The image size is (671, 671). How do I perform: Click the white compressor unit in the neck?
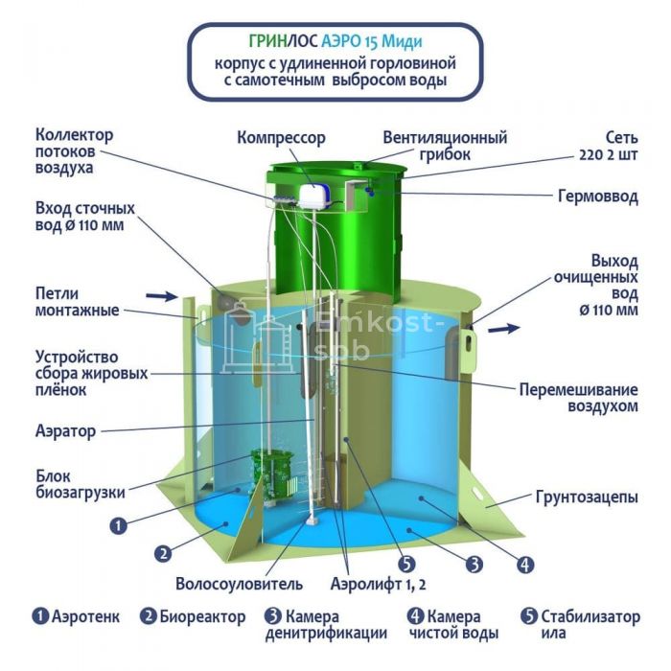pos(315,197)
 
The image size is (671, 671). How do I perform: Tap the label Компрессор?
pos(281,138)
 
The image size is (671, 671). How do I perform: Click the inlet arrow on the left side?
pos(161,295)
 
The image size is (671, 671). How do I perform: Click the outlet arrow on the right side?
pos(504,329)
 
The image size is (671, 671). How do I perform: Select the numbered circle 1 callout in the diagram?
pos(119,525)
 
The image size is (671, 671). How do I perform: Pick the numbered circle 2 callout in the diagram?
pos(163,554)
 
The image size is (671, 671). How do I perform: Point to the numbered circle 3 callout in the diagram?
pos(474,565)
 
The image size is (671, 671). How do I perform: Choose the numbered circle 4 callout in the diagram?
pos(525,565)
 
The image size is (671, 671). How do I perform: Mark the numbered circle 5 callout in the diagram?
pos(406,564)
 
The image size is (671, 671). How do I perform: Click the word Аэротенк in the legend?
pos(86,616)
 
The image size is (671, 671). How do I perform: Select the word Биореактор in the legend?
pos(203,616)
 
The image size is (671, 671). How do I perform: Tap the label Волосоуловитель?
pos(240,584)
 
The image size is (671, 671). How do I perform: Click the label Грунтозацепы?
pos(587,497)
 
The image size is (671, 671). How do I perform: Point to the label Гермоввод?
pos(598,197)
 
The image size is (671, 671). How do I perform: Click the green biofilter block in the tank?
pos(272,475)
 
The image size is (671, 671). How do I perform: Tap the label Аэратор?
pos(65,431)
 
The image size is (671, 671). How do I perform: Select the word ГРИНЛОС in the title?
pos(284,41)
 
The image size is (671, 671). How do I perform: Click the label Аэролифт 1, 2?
pos(379,584)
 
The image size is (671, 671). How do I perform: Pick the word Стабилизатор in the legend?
pos(590,616)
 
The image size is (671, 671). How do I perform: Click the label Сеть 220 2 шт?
pos(609,147)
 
